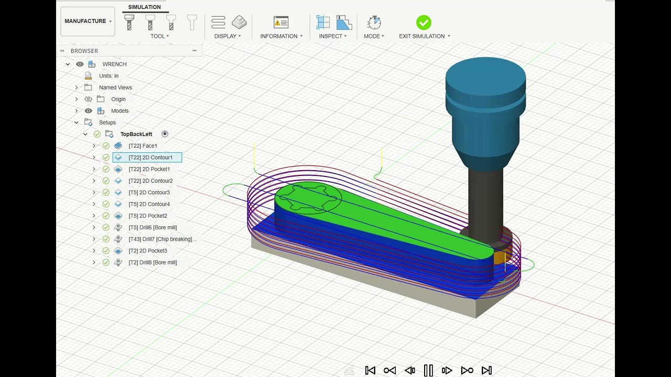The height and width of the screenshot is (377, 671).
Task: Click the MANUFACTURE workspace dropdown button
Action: pos(88,21)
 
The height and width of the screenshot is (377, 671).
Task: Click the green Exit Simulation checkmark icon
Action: pos(424,23)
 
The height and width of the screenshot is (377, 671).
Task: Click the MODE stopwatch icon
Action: pos(374,23)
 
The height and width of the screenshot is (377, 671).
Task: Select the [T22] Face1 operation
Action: pos(143,146)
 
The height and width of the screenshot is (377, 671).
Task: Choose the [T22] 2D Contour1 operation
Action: pos(150,158)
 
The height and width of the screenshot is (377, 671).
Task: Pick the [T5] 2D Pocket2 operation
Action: pos(148,216)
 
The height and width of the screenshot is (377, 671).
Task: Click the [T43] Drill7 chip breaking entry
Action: pos(163,239)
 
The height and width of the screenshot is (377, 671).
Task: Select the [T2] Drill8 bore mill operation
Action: pos(153,262)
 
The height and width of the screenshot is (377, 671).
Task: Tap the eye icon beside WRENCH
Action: pos(80,64)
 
